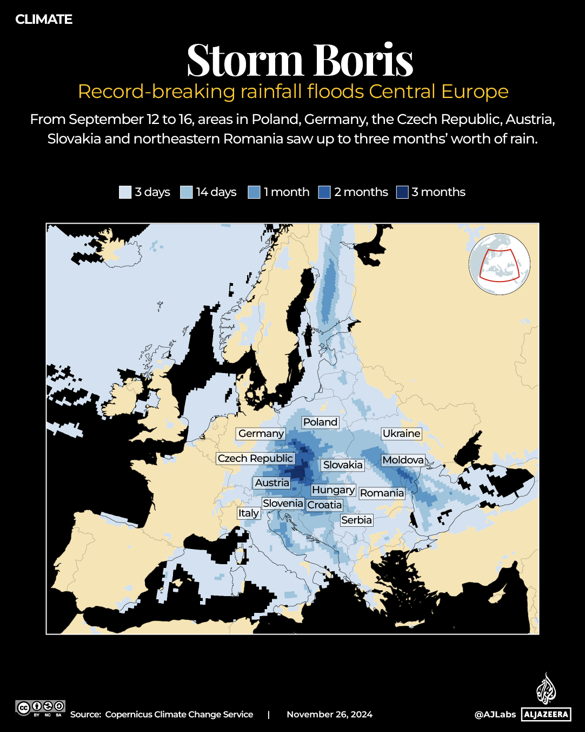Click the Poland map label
click(x=320, y=422)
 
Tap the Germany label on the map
click(x=261, y=434)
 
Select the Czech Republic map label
click(x=255, y=459)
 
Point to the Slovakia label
click(x=343, y=465)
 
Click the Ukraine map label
click(x=401, y=434)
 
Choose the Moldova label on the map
click(x=403, y=460)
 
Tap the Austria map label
click(x=272, y=483)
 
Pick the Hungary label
click(x=333, y=490)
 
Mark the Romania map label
click(x=382, y=493)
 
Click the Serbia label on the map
click(x=356, y=520)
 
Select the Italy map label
click(x=249, y=513)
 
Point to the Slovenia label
click(x=283, y=504)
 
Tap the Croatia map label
click(x=324, y=505)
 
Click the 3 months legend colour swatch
click(x=402, y=192)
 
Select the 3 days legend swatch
click(x=125, y=192)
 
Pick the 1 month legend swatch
click(x=254, y=192)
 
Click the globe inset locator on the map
click(x=500, y=264)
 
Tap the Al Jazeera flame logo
click(x=546, y=689)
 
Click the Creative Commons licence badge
click(x=41, y=708)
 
